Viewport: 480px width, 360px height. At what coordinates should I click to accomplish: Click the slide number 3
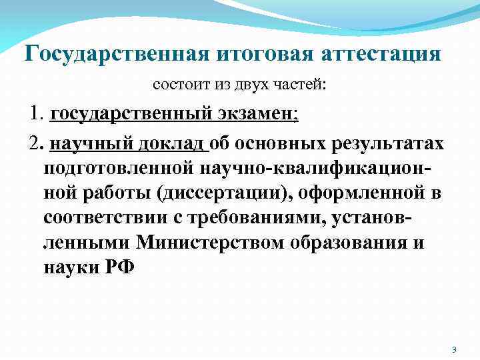point(453,349)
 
